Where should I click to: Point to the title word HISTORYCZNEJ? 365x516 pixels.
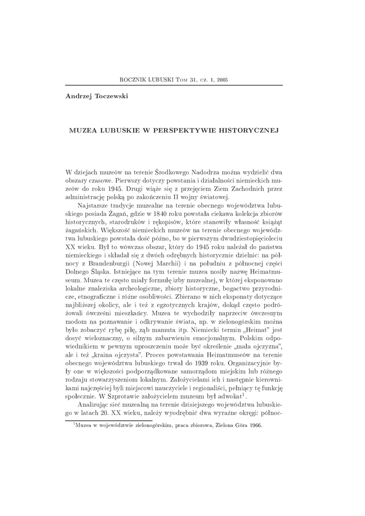click(249, 130)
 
